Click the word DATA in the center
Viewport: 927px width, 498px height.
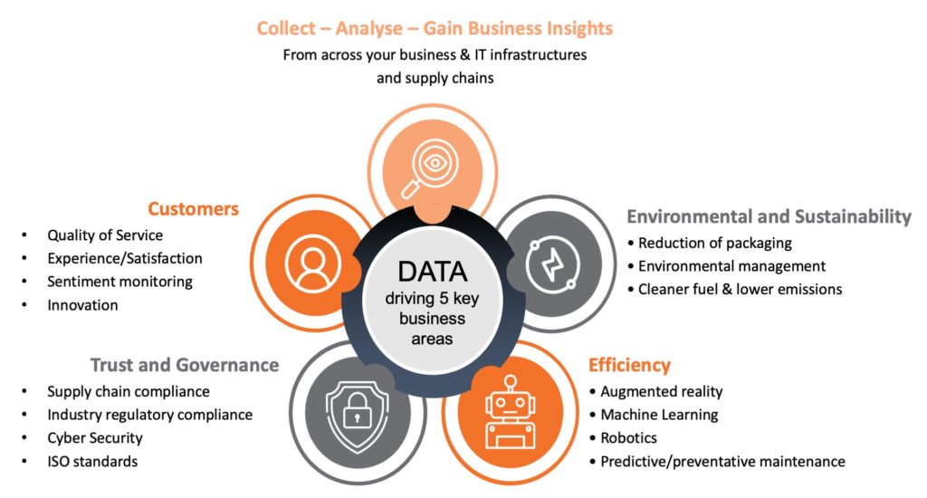click(433, 271)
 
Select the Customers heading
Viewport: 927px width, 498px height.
click(194, 209)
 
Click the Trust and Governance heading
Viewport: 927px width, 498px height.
click(185, 365)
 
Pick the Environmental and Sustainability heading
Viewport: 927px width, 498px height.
click(769, 216)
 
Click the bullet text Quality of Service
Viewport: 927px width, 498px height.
click(105, 235)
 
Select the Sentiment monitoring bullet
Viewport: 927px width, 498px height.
click(119, 282)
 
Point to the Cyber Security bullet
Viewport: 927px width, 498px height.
click(95, 438)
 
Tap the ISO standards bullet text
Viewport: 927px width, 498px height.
click(92, 462)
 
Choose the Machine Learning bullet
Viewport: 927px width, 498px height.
click(659, 415)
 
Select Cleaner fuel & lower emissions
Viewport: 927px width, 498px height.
click(740, 290)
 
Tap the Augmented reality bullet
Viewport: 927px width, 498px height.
click(662, 391)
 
